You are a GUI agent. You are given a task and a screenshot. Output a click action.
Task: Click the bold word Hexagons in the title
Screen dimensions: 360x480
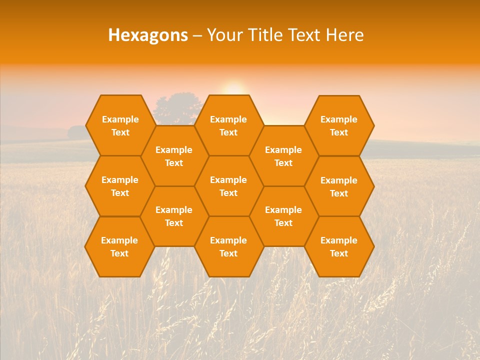pyautogui.click(x=148, y=35)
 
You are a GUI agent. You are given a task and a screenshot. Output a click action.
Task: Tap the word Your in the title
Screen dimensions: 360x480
pyautogui.click(x=223, y=35)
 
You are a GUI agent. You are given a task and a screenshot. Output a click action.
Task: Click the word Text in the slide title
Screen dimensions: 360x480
pyautogui.click(x=303, y=35)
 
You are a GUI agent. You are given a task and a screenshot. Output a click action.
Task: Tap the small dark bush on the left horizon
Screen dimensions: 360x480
pyautogui.click(x=76, y=132)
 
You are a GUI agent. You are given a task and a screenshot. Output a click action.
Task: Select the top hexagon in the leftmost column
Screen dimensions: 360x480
pyautogui.click(x=120, y=125)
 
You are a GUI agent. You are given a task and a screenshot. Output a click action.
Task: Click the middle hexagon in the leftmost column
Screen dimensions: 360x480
pyautogui.click(x=120, y=186)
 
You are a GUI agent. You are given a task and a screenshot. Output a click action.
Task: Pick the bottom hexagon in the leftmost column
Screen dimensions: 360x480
pyautogui.click(x=119, y=246)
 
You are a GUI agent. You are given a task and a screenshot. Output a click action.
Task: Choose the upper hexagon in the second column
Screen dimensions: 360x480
pyautogui.click(x=174, y=156)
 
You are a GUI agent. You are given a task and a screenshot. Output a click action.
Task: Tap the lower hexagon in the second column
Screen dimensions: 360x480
pyautogui.click(x=174, y=216)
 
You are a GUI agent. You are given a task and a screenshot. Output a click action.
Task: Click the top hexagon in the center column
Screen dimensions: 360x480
pyautogui.click(x=228, y=125)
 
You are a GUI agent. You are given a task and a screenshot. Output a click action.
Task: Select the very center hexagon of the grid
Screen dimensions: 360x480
pyautogui.click(x=228, y=186)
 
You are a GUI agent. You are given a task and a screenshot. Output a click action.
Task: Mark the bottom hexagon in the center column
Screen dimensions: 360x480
pyautogui.click(x=228, y=246)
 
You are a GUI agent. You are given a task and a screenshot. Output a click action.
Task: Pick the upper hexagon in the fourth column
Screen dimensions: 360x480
pyautogui.click(x=283, y=156)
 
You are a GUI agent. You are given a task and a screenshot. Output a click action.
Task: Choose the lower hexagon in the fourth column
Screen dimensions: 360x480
pyautogui.click(x=283, y=216)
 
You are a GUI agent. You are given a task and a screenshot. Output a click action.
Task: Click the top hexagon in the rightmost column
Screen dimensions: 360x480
pyautogui.click(x=339, y=125)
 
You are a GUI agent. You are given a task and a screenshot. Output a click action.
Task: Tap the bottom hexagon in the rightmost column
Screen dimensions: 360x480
pyautogui.click(x=339, y=246)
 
